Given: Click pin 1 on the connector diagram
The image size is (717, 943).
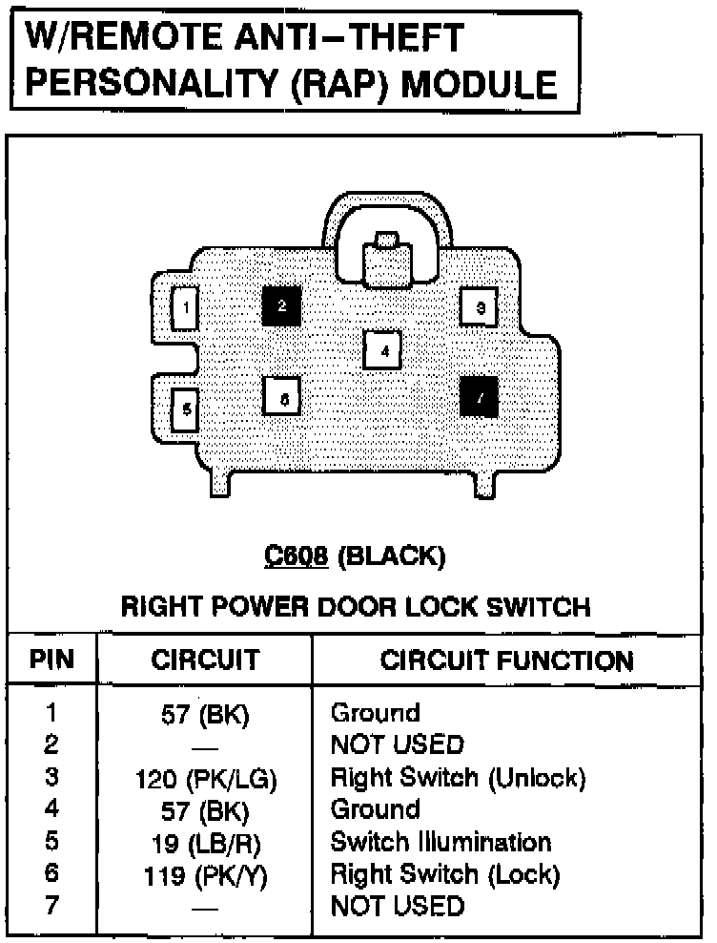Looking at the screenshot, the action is [185, 308].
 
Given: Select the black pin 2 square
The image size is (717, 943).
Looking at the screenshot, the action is [282, 306].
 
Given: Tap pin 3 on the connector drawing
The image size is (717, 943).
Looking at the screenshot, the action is [480, 307].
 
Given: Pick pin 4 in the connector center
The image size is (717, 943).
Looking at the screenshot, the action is [383, 350].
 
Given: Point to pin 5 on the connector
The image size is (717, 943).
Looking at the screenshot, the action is [186, 409].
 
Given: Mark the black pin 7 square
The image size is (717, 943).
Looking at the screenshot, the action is [480, 396].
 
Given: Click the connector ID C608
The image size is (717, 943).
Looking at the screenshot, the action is [297, 555].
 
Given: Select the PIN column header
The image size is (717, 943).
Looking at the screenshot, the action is [52, 660].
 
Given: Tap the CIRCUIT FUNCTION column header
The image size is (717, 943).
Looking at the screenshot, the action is [506, 660].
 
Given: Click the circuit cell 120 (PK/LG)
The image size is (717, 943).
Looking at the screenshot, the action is [206, 779].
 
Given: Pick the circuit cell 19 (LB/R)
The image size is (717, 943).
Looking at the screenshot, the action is [206, 844].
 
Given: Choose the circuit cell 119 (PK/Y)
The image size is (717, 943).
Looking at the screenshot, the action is [206, 875].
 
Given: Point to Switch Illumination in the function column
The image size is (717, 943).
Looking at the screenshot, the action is [440, 842].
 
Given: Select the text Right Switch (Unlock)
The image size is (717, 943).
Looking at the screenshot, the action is [458, 777].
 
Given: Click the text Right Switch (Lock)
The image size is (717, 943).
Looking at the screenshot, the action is [444, 874].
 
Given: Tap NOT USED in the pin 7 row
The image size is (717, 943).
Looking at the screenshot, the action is [397, 906].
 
